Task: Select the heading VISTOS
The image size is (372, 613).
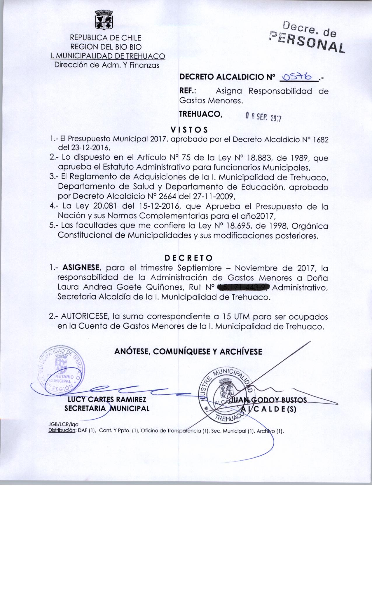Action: [189, 129]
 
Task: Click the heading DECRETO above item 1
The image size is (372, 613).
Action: [189, 258]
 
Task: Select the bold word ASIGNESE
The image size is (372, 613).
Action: [82, 268]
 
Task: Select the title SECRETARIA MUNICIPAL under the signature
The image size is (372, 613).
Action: [107, 408]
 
